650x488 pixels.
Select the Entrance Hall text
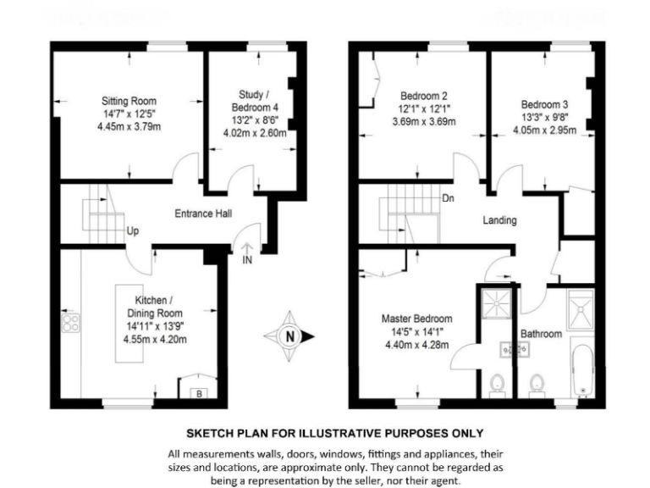[203, 214]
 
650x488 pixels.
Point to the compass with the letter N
[290, 336]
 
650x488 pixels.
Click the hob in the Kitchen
[69, 322]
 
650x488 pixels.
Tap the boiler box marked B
[198, 393]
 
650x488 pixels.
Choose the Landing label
[499, 220]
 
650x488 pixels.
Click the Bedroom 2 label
[424, 96]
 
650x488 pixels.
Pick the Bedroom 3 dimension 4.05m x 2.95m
[543, 131]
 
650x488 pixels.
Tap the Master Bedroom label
[416, 319]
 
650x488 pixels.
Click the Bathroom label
[541, 334]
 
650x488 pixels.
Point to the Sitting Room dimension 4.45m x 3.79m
[129, 127]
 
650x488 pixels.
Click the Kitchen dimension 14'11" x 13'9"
[155, 325]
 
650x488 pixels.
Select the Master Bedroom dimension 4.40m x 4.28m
[416, 345]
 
